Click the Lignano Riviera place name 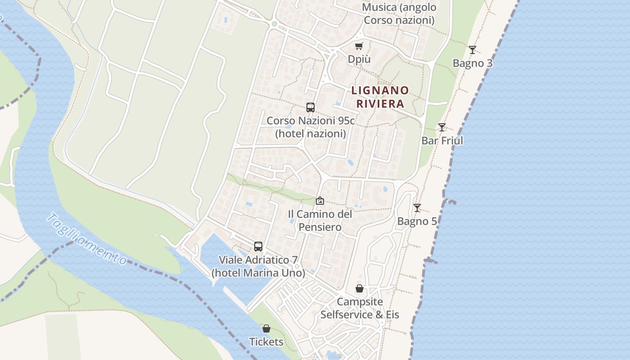380,97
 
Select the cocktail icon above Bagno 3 472,50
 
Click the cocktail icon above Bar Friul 442,127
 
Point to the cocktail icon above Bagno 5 417,208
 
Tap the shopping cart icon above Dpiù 359,46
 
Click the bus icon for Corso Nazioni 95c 310,108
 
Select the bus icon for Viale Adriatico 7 258,247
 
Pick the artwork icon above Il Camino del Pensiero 320,201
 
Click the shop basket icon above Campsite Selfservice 360,288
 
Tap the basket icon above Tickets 266,329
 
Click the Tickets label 266,342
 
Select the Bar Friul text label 442,140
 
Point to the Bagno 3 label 472,63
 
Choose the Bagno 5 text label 417,221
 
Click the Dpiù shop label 359,59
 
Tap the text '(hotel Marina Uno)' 258,273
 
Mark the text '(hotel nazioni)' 310,134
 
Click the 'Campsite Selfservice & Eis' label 360,308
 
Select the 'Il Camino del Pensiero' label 320,220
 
